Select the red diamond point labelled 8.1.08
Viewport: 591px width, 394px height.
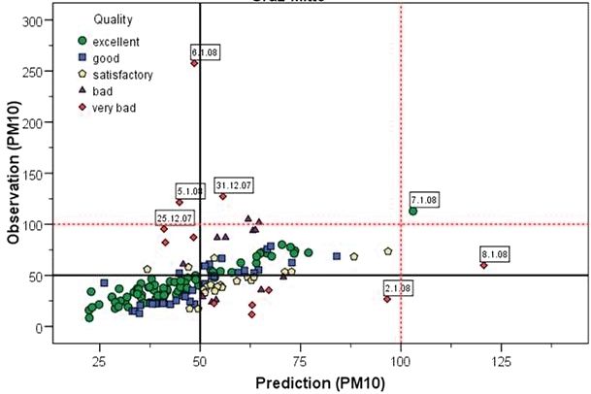[x=483, y=265]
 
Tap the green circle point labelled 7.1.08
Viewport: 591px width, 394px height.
[x=413, y=211]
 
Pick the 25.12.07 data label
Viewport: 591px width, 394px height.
[x=175, y=217]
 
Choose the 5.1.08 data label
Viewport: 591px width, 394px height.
[x=190, y=191]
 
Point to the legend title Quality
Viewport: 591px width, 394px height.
[x=114, y=19]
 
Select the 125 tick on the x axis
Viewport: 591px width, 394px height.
[x=501, y=361]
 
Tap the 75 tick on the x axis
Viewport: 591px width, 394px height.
[x=300, y=361]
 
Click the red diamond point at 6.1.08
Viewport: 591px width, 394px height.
[x=194, y=63]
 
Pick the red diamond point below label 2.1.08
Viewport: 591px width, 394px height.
[x=386, y=299]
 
